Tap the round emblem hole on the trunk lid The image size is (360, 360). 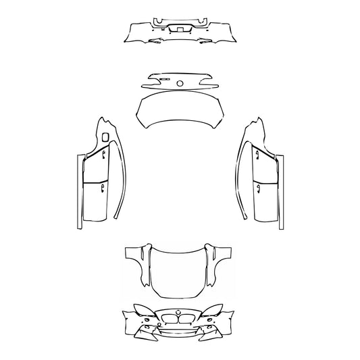[180, 83]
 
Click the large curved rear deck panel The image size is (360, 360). [180, 111]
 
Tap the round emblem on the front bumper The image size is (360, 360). [180, 313]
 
